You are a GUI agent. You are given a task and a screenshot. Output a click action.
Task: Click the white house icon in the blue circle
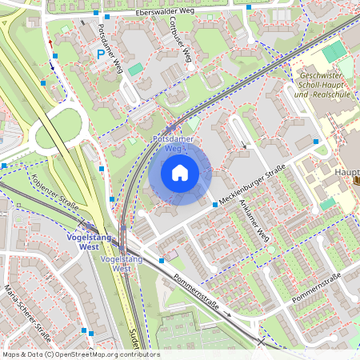(180, 173)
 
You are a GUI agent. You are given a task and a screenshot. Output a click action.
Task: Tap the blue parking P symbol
(101, 54)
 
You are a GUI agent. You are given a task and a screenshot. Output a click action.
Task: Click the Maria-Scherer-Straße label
(22, 305)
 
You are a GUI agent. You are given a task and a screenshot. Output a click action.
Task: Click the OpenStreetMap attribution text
(81, 354)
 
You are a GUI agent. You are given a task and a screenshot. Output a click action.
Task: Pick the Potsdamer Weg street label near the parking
(109, 46)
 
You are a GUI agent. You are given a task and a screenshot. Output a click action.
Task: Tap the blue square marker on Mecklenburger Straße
(215, 205)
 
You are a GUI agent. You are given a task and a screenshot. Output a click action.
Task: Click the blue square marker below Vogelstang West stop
(161, 260)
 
